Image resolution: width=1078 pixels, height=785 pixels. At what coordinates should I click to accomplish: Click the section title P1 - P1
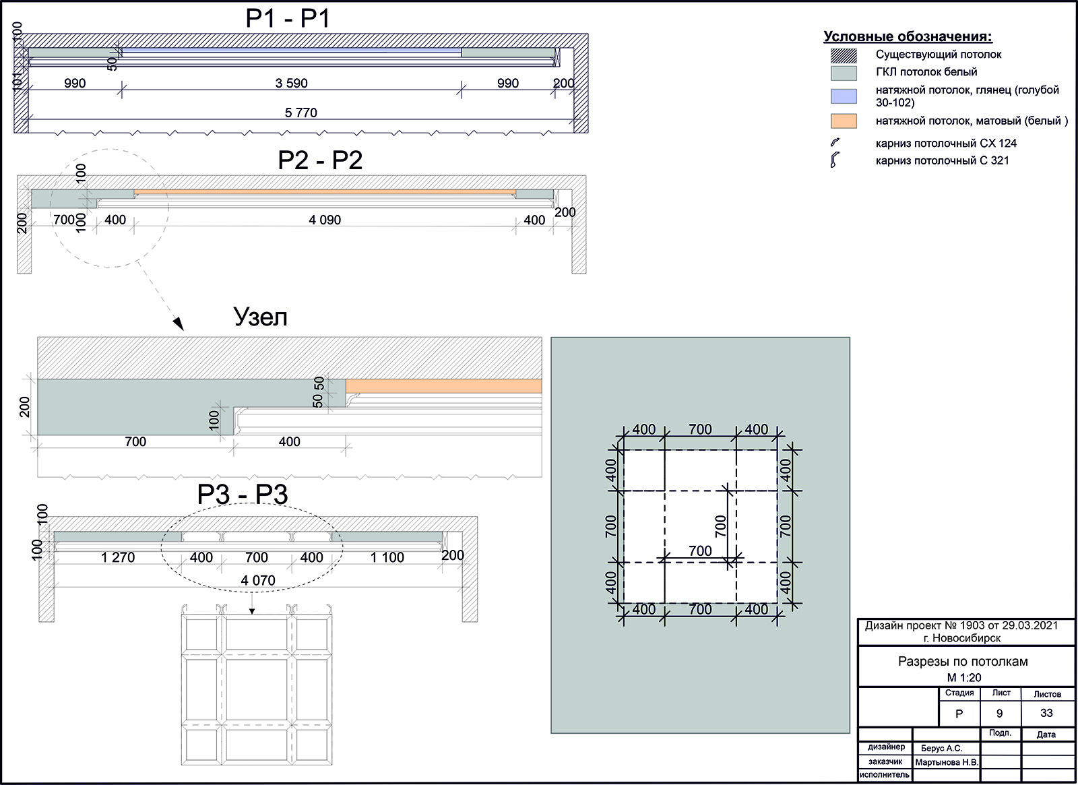pos(288,20)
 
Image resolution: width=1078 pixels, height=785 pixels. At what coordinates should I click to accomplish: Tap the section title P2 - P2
pos(320,160)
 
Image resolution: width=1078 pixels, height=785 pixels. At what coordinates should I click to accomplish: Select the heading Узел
pos(260,317)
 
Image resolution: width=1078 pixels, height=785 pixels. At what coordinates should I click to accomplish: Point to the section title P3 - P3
pos(243,495)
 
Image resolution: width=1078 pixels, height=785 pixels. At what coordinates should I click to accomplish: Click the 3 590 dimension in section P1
pos(291,84)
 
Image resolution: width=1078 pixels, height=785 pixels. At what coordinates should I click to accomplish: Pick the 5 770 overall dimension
pos(300,113)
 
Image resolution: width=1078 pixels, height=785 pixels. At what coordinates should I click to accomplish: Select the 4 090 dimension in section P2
pos(324,220)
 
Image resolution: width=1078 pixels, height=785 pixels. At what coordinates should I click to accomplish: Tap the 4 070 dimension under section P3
pos(258,580)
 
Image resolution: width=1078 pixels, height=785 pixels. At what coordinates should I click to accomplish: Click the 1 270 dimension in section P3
pos(118,557)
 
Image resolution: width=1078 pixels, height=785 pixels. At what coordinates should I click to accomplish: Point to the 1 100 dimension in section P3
pos(387,557)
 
